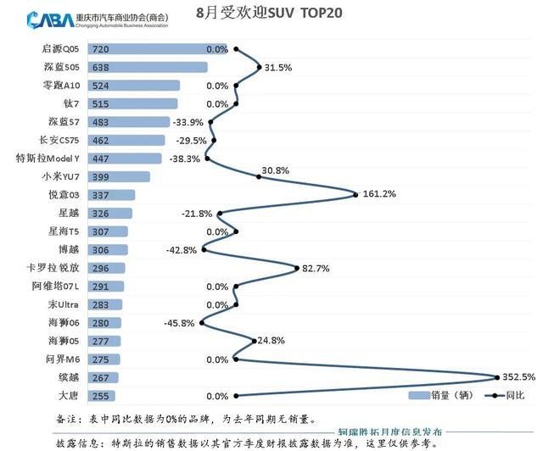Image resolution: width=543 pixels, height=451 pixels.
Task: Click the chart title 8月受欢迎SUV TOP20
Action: click(269, 13)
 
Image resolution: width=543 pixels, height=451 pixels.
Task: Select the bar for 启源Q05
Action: click(158, 49)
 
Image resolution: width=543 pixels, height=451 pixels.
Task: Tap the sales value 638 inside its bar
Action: click(100, 68)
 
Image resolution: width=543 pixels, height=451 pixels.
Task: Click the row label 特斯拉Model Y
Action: click(48, 159)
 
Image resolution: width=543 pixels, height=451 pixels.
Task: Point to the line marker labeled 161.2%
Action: click(355, 195)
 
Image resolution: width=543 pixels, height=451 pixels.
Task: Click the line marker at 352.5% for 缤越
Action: click(497, 377)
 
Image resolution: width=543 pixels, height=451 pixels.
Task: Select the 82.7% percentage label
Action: click(316, 268)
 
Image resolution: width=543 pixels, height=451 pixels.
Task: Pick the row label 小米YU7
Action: click(61, 176)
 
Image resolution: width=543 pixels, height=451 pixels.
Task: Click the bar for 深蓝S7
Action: click(129, 122)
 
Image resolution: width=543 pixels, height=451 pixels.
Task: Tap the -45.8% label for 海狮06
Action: click(179, 323)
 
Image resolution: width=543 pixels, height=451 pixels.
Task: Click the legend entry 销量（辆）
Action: click(441, 395)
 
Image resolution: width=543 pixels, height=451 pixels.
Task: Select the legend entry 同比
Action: click(505, 395)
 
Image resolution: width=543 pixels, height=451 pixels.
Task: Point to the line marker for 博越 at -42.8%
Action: click(204, 249)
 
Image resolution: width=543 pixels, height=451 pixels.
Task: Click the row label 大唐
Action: click(69, 396)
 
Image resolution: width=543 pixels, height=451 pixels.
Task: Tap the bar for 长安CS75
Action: click(126, 140)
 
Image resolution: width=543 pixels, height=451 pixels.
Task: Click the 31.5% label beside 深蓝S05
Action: click(278, 68)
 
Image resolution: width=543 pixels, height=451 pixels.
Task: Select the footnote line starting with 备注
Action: click(186, 419)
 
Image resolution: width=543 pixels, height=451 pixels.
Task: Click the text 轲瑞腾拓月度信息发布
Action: click(390, 432)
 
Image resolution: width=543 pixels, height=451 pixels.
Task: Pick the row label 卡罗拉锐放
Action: click(53, 268)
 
